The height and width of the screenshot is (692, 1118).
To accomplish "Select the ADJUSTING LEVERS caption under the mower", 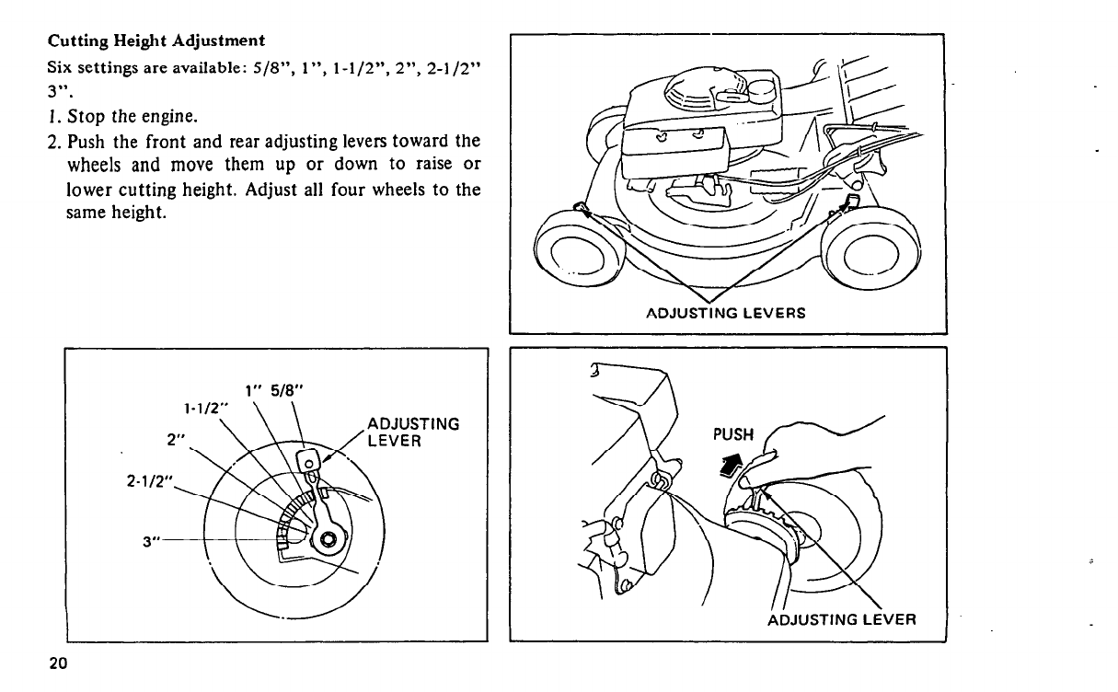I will point(727,312).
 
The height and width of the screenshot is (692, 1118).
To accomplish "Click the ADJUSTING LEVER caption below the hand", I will point(841,618).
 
